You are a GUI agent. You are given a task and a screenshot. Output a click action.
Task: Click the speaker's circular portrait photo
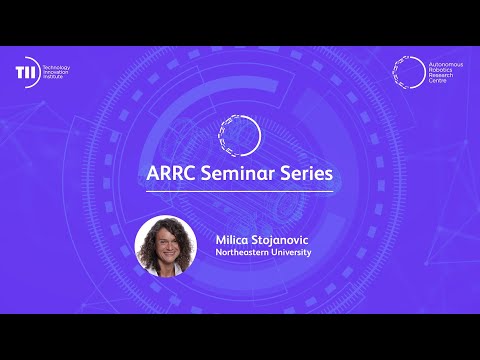tap(166, 246)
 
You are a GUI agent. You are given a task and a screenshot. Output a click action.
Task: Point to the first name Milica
tap(233, 240)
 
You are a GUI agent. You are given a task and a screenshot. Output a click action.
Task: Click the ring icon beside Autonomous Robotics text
tap(408, 71)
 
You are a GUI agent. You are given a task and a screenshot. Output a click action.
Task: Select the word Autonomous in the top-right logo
tap(445, 62)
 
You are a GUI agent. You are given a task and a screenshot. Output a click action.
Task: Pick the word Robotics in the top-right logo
tap(440, 68)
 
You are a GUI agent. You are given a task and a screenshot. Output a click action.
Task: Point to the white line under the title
tap(240, 190)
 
